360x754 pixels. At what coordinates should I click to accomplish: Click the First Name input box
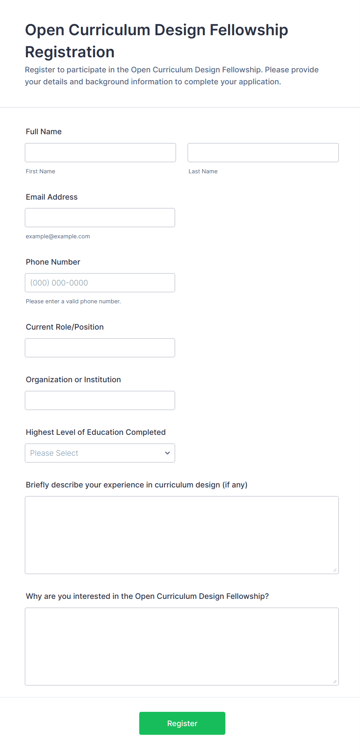pyautogui.click(x=100, y=152)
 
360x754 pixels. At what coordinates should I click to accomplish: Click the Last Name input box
pyautogui.click(x=263, y=152)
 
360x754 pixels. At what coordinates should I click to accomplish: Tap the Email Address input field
pyautogui.click(x=100, y=217)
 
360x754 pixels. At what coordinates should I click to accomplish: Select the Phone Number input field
pyautogui.click(x=100, y=282)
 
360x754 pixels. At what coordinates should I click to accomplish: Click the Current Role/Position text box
pyautogui.click(x=100, y=347)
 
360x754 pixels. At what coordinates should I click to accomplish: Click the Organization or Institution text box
pyautogui.click(x=100, y=400)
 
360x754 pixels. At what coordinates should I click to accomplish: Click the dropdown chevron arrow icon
pyautogui.click(x=167, y=453)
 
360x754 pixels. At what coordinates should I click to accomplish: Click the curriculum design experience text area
pyautogui.click(x=182, y=535)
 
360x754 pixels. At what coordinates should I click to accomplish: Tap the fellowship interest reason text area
pyautogui.click(x=182, y=646)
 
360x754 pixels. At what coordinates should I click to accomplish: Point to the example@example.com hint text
pyautogui.click(x=58, y=236)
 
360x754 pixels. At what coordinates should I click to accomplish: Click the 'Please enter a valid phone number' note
pyautogui.click(x=73, y=301)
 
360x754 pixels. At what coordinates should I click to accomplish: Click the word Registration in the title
pyautogui.click(x=70, y=52)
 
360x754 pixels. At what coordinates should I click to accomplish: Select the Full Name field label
pyautogui.click(x=44, y=132)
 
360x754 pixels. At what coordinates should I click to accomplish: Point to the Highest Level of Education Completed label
pyautogui.click(x=96, y=432)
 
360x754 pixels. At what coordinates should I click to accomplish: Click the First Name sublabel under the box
pyautogui.click(x=40, y=171)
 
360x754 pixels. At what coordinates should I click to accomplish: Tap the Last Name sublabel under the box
pyautogui.click(x=203, y=171)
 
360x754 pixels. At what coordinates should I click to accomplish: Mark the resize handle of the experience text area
pyautogui.click(x=335, y=570)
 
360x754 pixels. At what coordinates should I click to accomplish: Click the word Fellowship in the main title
pyautogui.click(x=249, y=30)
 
